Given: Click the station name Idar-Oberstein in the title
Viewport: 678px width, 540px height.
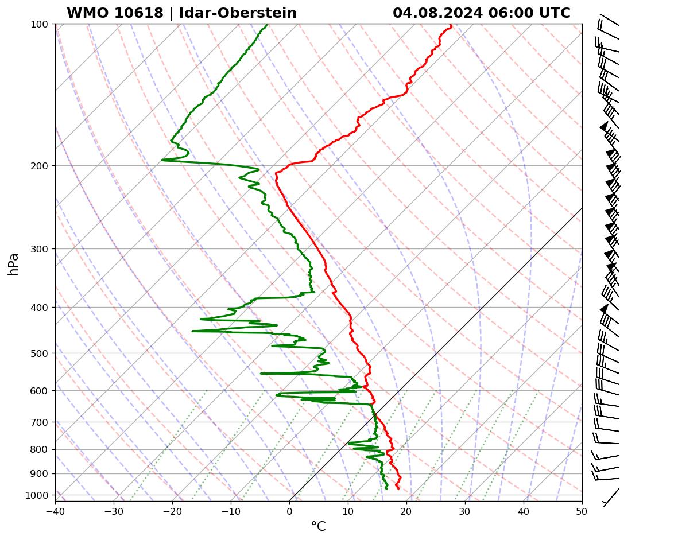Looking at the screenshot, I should [238, 13].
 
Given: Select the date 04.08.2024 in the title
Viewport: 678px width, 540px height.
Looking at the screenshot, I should [438, 13].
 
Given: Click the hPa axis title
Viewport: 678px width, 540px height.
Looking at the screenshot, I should [14, 264].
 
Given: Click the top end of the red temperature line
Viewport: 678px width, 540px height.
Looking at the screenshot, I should [451, 25].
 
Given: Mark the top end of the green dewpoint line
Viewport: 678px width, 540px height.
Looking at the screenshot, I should [267, 25].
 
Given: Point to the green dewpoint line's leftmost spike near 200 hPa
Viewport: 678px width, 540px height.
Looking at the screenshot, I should [162, 160].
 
